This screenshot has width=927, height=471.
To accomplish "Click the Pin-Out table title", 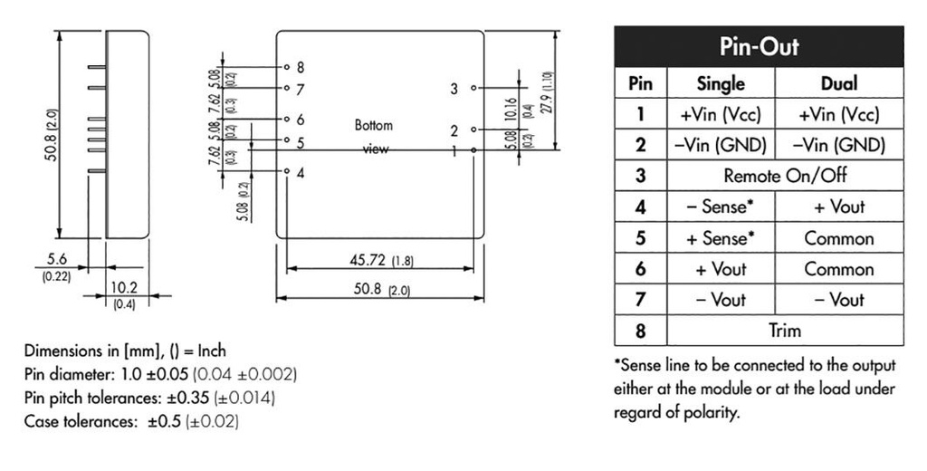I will coord(759,46).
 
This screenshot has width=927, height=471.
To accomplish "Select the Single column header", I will coord(721,84).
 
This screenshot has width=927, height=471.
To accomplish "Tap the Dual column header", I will coord(838,84).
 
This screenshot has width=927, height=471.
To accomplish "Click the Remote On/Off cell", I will coord(785,176).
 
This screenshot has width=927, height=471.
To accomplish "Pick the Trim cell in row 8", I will coord(785,331).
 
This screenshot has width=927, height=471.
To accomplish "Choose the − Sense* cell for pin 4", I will coord(721,207).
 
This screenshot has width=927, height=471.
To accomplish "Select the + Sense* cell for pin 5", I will coord(721,238).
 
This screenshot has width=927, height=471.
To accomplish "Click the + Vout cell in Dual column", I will coord(838,207).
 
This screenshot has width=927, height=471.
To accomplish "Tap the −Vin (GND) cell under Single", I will coord(721,145).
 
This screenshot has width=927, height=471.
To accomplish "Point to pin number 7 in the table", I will coord(640,299).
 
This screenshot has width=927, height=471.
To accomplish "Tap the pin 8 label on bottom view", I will coord(301,67).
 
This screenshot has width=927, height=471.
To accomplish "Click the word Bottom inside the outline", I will coord(374,126).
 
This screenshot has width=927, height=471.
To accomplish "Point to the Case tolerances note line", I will coord(132,421).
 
